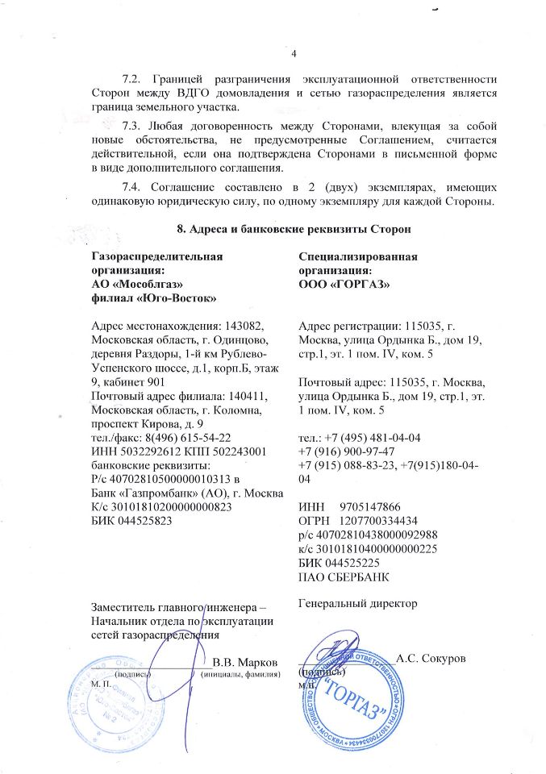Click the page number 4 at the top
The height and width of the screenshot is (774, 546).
294,54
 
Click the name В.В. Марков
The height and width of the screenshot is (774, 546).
245,662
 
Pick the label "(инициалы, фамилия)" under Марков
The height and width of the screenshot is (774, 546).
240,674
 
